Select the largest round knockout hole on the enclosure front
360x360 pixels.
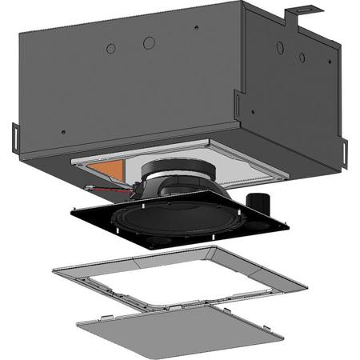click(x=149, y=42)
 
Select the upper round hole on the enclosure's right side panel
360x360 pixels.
click(x=280, y=47)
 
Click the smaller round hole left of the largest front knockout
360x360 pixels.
click(x=110, y=47)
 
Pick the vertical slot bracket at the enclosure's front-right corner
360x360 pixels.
click(x=238, y=104)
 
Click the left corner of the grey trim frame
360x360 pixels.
click(x=54, y=270)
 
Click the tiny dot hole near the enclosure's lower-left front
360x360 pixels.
click(x=62, y=133)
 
